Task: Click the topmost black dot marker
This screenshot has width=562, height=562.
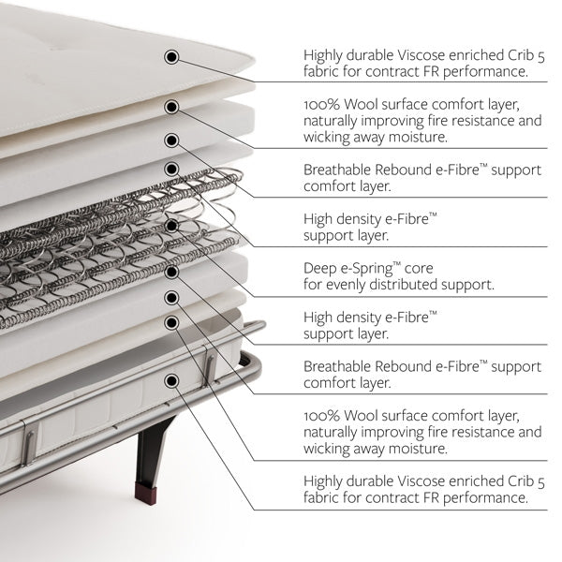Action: tap(171, 56)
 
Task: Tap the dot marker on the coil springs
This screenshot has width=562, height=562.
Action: tap(171, 226)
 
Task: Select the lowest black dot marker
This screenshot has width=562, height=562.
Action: tap(171, 380)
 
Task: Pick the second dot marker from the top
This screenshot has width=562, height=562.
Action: tap(171, 107)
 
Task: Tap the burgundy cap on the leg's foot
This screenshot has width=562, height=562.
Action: tap(145, 494)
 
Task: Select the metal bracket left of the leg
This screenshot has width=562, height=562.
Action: tap(30, 444)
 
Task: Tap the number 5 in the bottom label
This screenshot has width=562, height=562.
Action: tap(540, 482)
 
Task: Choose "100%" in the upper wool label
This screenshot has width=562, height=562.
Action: tap(321, 105)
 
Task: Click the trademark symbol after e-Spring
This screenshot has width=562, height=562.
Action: tap(397, 264)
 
